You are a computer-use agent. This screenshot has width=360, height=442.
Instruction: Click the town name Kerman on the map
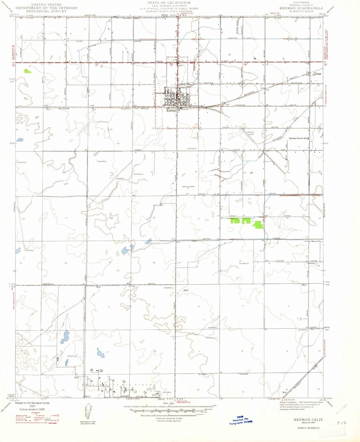pos(171,111)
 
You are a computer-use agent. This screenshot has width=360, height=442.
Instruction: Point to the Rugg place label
pos(318,74)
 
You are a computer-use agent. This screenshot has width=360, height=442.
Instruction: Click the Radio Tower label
pos(188,187)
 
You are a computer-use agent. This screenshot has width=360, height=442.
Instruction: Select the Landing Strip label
pos(250,133)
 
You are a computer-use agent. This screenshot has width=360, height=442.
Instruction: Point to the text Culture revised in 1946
pos(32,410)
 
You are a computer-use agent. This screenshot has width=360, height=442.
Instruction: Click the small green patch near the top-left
pos(28,71)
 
